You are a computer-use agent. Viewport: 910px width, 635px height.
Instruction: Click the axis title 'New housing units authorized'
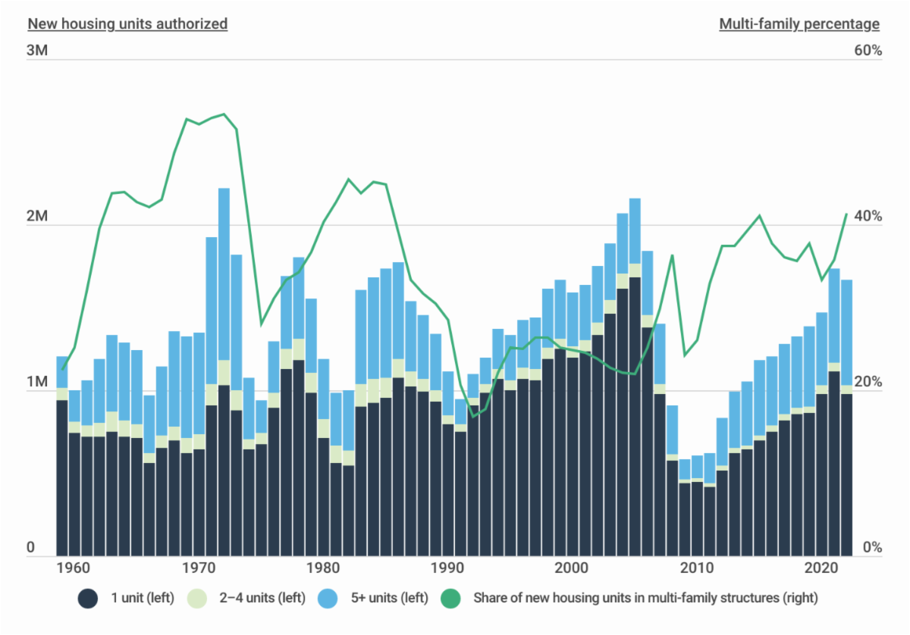(127, 23)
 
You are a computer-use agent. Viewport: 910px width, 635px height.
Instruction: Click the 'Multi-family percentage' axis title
(799, 23)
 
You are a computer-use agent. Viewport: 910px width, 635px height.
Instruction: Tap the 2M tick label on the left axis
(38, 217)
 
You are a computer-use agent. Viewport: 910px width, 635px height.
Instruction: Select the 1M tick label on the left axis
(38, 383)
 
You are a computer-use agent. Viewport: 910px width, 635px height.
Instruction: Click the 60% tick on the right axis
(868, 52)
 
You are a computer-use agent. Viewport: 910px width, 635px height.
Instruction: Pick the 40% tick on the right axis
(868, 217)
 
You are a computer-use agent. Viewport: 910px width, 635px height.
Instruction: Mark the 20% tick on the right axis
(868, 383)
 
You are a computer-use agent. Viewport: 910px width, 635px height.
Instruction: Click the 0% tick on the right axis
(871, 548)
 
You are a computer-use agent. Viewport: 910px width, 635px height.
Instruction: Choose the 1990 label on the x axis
(448, 568)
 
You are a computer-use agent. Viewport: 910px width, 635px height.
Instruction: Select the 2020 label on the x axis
(821, 568)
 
